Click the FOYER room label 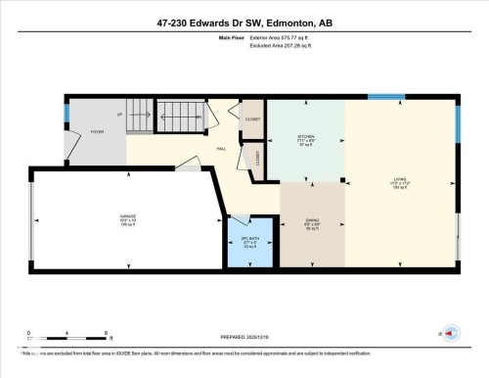[x=98, y=130]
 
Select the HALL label [x=222, y=149]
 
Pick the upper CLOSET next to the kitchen [x=252, y=118]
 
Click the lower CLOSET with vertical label [x=258, y=157]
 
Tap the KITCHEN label [x=306, y=138]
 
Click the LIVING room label [x=400, y=181]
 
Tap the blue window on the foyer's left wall [x=66, y=114]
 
